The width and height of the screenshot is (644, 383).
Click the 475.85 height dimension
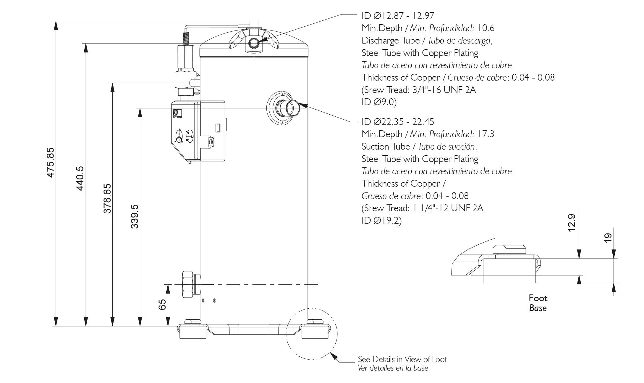tap(51, 163)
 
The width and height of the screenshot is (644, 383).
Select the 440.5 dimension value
tap(80, 178)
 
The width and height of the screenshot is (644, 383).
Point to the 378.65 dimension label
tap(107, 198)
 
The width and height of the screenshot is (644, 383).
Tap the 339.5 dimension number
tap(134, 216)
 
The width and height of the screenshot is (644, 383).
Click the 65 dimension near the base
tap(162, 305)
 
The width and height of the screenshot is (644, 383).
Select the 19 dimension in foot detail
tap(608, 238)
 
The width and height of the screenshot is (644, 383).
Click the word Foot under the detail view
tap(538, 298)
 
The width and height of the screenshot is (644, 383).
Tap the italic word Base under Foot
tap(538, 308)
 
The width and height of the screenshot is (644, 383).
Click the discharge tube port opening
tap(254, 44)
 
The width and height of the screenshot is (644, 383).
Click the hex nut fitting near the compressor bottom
tap(188, 284)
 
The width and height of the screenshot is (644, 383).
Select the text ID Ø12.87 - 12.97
tap(398, 16)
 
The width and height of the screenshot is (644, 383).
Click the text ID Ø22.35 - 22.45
tap(398, 122)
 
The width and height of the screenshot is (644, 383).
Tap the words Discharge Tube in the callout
tap(390, 41)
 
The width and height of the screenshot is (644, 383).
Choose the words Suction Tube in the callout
tap(386, 147)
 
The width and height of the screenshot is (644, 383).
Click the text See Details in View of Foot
tap(402, 359)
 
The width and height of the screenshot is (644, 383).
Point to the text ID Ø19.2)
tap(381, 221)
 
